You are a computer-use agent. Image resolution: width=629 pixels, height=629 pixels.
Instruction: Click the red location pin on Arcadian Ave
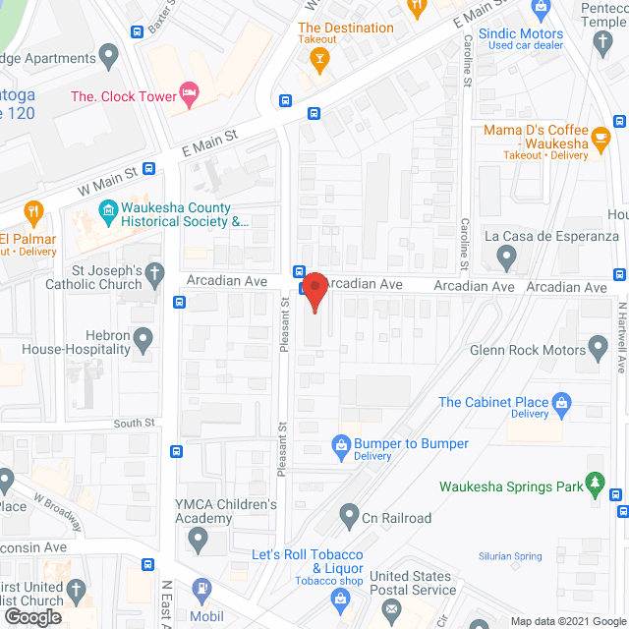click(314, 292)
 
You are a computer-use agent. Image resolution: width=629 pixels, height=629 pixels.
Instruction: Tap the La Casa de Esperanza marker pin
click(507, 258)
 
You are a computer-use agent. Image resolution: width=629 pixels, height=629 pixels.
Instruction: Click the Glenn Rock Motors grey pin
click(599, 348)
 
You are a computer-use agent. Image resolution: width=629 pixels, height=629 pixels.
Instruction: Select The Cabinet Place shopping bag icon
click(562, 401)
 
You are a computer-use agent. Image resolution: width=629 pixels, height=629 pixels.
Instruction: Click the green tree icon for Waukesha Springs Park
click(594, 483)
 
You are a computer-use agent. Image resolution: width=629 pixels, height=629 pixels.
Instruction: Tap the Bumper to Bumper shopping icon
click(341, 444)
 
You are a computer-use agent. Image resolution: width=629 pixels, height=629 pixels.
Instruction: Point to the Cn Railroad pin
click(349, 514)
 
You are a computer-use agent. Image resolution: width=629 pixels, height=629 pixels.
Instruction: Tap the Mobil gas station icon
click(202, 590)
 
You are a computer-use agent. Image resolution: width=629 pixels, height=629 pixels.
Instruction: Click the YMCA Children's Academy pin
click(199, 539)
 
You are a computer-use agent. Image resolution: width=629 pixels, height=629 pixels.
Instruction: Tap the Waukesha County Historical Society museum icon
click(107, 210)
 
